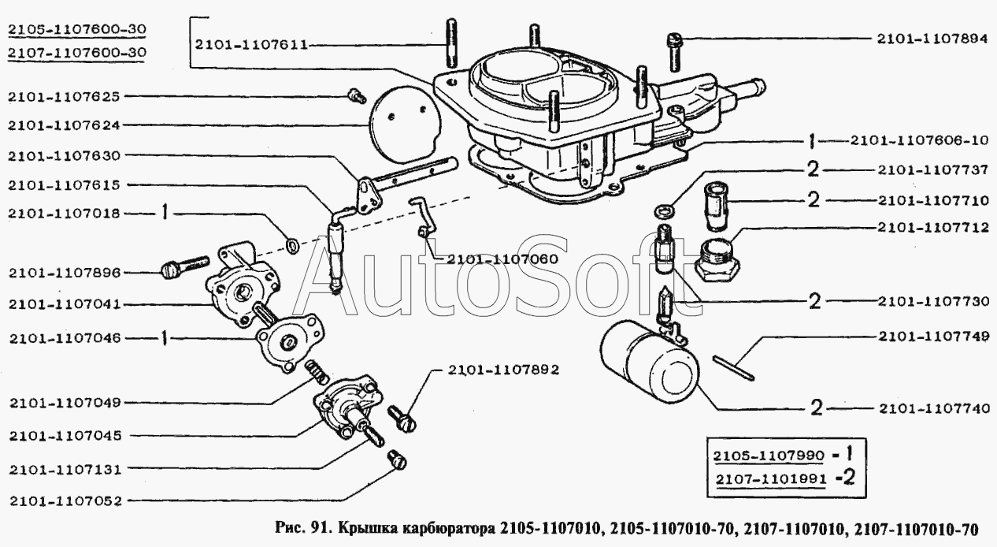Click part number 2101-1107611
tap(251, 45)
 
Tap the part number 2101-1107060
tap(502, 259)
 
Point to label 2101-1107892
tap(503, 370)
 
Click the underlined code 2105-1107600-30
tap(77, 29)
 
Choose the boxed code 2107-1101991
tap(771, 479)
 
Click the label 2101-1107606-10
tap(919, 141)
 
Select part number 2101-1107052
tap(65, 501)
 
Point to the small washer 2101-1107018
tap(292, 245)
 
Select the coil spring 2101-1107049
tap(317, 372)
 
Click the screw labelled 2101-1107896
tap(184, 267)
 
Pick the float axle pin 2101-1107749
tap(733, 368)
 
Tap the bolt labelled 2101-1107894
tap(675, 53)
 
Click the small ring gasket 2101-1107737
tap(664, 210)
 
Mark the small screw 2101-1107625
tap(356, 96)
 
